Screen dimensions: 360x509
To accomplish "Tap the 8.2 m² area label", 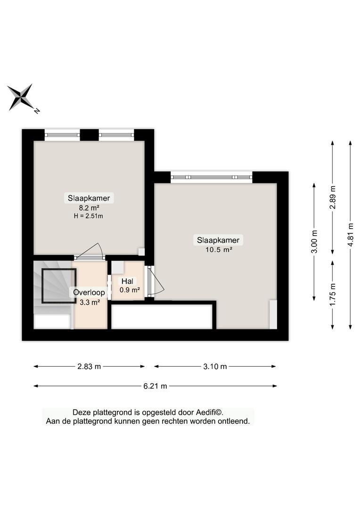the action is [89, 208].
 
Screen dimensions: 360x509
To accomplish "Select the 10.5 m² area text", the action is [219, 250].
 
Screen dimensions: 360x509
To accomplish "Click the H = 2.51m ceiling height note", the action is [88, 216].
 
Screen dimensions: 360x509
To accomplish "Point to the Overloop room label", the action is [89, 292].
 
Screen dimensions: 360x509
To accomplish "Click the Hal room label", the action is [127, 281].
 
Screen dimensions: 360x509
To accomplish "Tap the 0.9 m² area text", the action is [130, 290].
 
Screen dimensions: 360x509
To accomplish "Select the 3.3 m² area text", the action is [90, 302].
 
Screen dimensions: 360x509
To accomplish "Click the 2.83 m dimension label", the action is [89, 367].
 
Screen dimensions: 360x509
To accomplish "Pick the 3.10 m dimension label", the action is [215, 367].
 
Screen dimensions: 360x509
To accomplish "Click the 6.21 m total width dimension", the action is [155, 386].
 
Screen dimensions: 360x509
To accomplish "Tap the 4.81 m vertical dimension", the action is [350, 235].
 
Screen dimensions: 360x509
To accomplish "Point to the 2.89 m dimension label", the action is [333, 197].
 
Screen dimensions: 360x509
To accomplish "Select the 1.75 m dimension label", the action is [333, 295].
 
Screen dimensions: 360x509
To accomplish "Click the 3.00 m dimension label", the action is [314, 241].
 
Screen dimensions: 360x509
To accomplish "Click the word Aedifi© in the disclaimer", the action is [209, 412].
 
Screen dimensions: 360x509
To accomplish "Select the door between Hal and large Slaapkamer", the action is [155, 281].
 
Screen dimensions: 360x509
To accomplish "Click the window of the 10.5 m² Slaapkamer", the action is [212, 177].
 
